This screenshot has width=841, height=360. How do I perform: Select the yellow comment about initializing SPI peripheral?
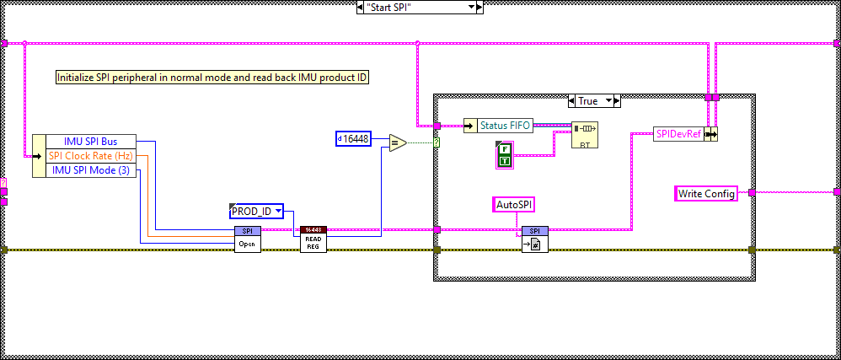click(212, 77)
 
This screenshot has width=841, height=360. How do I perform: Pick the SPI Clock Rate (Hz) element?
click(90, 155)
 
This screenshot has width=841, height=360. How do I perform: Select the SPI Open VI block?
click(248, 239)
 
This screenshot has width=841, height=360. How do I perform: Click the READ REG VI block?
click(313, 239)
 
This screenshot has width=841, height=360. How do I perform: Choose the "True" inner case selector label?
click(587, 100)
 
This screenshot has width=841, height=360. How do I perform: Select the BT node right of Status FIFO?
click(583, 134)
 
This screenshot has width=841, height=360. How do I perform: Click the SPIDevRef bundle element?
click(678, 134)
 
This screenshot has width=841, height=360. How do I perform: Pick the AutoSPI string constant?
click(514, 203)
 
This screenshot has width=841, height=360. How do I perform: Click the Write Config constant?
click(706, 193)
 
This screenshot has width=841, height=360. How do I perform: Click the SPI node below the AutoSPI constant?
click(535, 239)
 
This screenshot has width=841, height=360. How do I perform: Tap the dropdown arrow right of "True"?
click(614, 100)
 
